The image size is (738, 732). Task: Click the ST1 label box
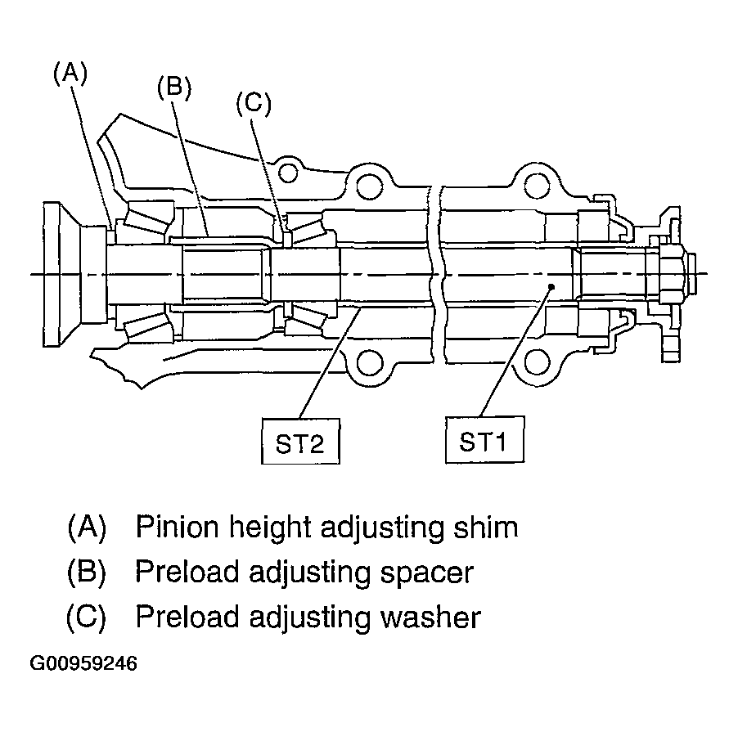point(485,439)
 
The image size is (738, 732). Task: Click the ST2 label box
point(300,442)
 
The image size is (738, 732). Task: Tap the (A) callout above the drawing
point(70,74)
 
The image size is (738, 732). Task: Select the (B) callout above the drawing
point(174,88)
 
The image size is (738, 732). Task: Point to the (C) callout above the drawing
point(254,104)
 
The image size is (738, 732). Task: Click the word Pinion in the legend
point(178,527)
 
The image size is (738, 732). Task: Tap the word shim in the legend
point(485,527)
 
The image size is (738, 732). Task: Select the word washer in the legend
point(430,617)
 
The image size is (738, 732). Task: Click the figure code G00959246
point(83,663)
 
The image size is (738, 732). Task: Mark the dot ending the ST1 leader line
point(551,286)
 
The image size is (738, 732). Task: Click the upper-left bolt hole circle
point(288,173)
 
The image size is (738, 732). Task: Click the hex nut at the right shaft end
point(671,273)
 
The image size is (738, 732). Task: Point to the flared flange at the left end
point(61,274)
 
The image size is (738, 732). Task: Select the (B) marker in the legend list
point(87,573)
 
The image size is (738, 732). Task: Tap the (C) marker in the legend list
point(87,617)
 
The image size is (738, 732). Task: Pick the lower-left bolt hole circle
point(370,362)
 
